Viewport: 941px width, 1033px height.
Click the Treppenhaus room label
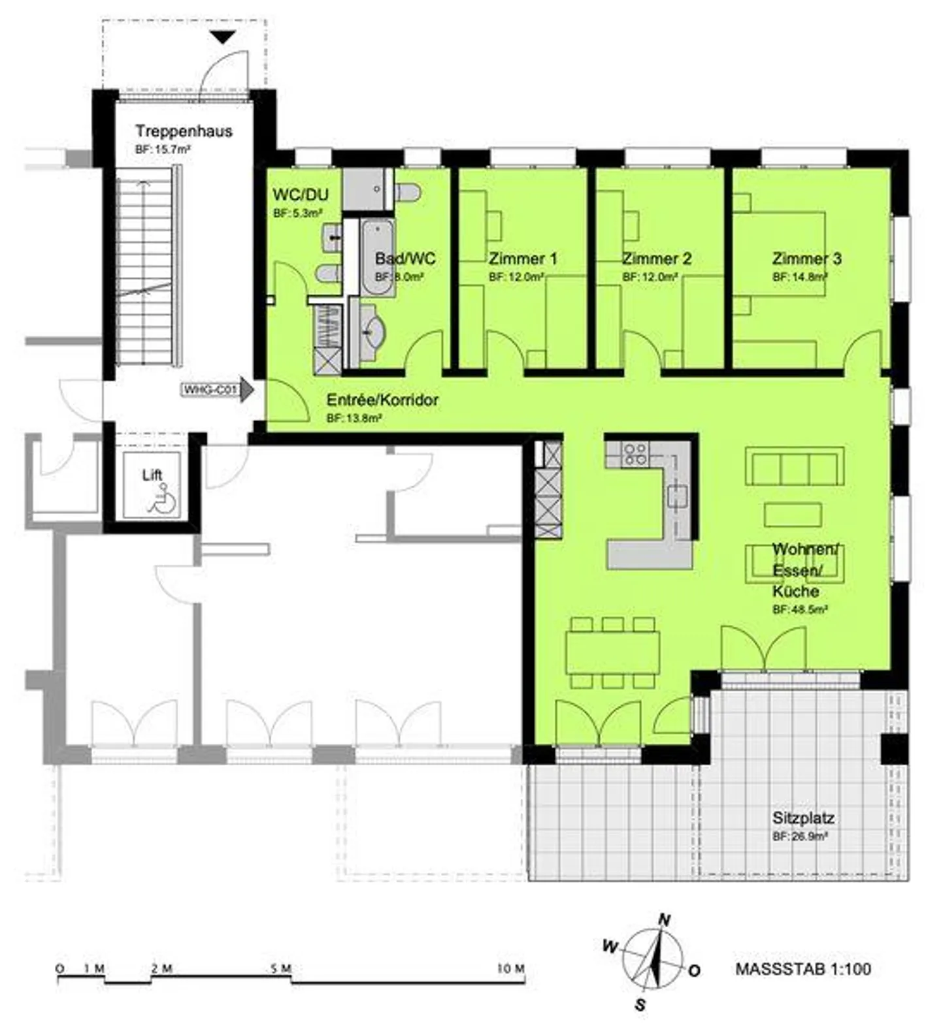[x=184, y=131]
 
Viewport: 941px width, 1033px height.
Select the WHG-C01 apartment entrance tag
[x=210, y=390]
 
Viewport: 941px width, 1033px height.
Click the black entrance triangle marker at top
[x=223, y=38]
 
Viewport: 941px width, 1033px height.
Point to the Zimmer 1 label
[x=523, y=259]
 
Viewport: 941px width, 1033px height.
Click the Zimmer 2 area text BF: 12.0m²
[x=650, y=277]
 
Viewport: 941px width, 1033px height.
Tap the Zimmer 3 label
[x=806, y=259]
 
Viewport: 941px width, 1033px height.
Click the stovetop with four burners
[x=635, y=453]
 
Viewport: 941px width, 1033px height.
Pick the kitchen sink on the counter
[x=677, y=496]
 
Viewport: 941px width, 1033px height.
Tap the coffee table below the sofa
[x=792, y=515]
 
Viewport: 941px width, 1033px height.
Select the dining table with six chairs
[x=612, y=652]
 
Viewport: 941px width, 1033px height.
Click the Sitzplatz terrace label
[x=803, y=818]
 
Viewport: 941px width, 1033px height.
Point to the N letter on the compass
[x=665, y=921]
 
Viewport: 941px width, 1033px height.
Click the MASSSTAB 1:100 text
[x=803, y=969]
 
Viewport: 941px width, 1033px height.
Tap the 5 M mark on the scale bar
[x=281, y=968]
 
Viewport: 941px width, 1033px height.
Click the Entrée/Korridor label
[x=382, y=400]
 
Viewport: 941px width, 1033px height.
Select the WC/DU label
[x=300, y=195]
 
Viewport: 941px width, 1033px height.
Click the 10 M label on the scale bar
[x=510, y=968]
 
